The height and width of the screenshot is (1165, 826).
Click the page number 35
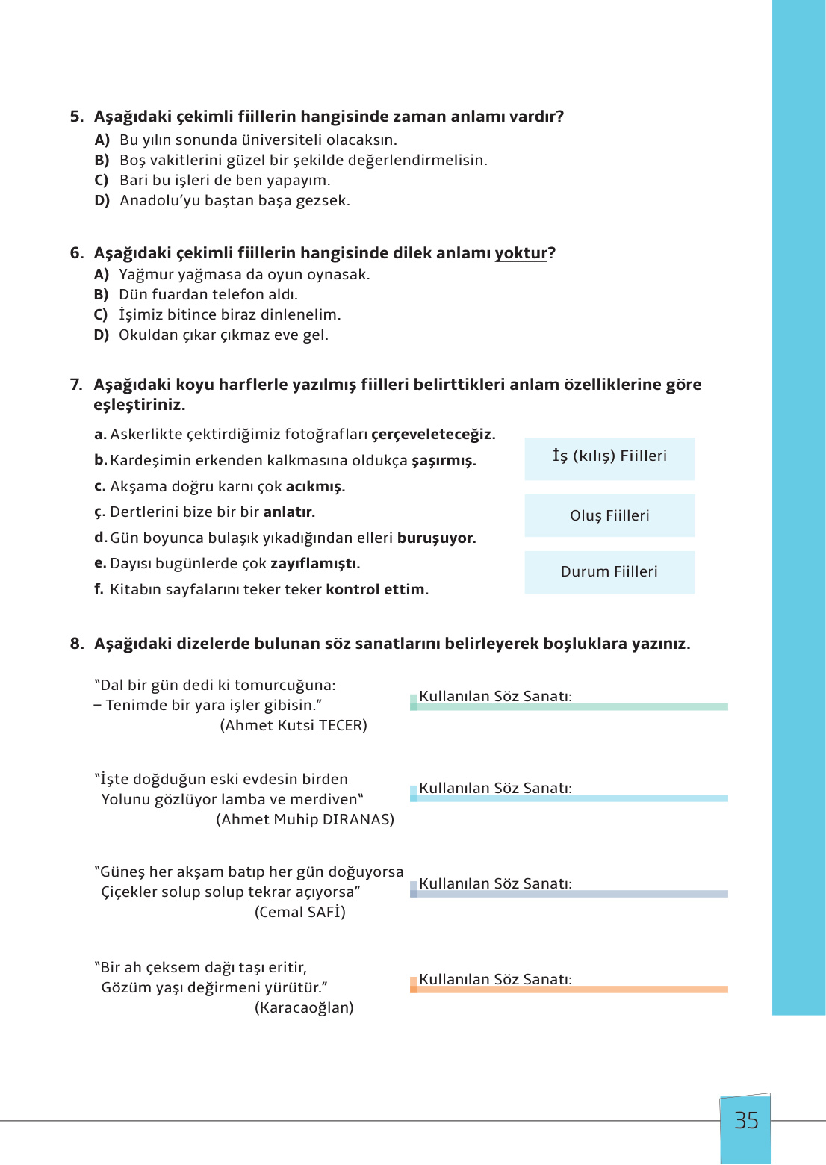(746, 1121)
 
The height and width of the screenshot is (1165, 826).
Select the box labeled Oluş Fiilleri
(609, 515)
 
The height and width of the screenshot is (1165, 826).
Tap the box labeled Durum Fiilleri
(609, 572)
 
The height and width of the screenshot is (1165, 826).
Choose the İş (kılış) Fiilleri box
(609, 456)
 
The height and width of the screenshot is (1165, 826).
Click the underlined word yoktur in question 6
(521, 253)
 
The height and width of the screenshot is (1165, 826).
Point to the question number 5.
(76, 116)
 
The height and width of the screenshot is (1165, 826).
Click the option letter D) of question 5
(102, 200)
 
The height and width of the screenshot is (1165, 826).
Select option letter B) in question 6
(102, 294)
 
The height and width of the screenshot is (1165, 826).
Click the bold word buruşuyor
(436, 538)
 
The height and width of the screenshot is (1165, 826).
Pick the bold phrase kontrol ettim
(377, 590)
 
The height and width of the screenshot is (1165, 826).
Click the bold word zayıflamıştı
(315, 564)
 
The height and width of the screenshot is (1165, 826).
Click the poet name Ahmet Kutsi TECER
(294, 726)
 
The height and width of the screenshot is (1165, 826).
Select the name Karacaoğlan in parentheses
(304, 1008)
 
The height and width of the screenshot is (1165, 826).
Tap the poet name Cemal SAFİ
(300, 913)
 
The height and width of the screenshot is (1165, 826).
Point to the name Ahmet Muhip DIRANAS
(305, 820)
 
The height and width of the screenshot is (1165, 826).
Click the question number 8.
(76, 644)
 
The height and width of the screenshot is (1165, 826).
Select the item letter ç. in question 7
(100, 512)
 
